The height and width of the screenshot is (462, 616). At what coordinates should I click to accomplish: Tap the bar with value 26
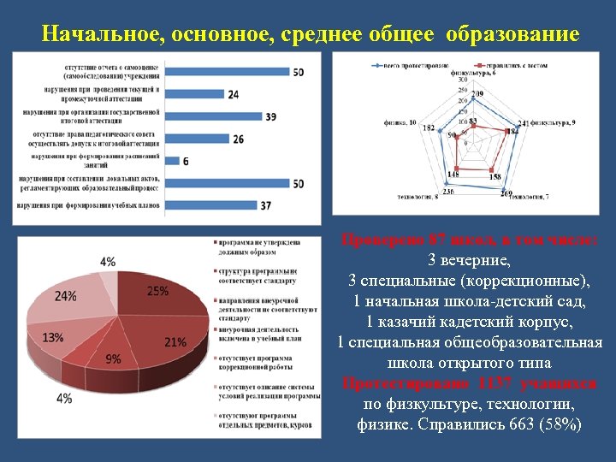tap(196, 139)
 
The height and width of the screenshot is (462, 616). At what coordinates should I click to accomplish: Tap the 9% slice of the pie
tap(115, 358)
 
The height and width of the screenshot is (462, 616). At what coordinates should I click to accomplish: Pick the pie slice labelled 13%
tap(56, 337)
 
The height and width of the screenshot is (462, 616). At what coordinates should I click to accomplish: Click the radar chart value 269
tap(506, 194)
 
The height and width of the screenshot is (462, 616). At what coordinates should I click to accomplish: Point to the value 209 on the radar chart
tap(477, 93)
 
